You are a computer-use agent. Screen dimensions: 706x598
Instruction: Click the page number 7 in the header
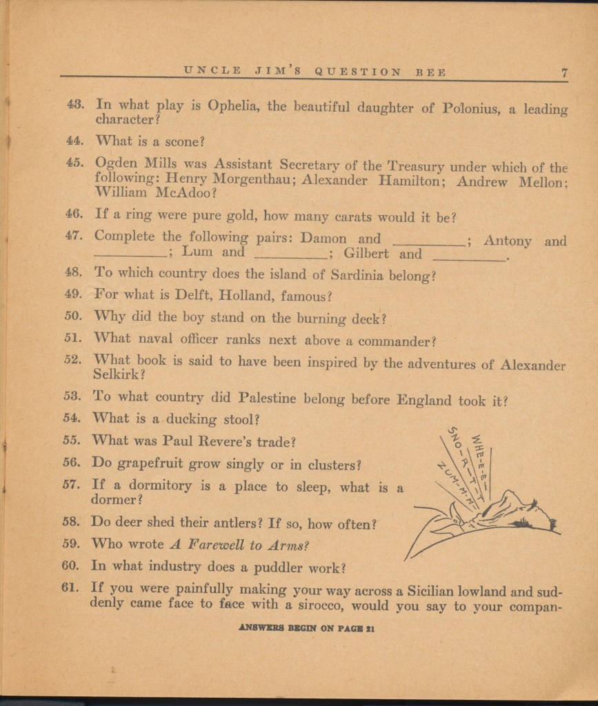(564, 72)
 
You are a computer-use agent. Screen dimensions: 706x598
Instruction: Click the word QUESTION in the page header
(357, 72)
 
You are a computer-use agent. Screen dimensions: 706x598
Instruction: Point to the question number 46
(74, 214)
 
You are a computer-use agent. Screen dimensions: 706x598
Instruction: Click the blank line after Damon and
(429, 241)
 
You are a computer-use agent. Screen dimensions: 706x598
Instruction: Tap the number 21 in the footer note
(370, 629)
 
